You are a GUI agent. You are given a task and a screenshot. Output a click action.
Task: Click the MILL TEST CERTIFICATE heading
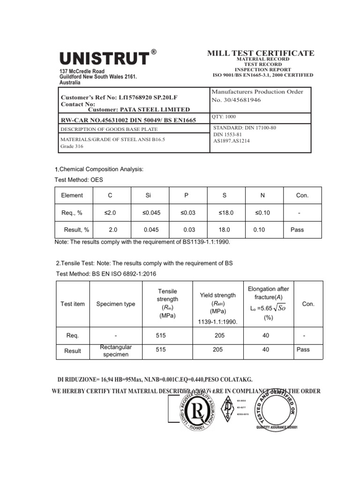(x=261, y=53)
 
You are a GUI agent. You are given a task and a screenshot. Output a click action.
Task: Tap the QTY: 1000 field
(x=225, y=117)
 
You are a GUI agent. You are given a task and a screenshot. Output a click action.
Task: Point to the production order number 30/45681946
(x=237, y=100)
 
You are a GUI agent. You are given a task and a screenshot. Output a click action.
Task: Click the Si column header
(x=149, y=195)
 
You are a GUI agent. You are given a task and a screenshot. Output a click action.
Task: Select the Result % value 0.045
(x=152, y=230)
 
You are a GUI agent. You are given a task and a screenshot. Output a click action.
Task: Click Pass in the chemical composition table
(x=297, y=230)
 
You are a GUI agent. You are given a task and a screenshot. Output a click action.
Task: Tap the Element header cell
(x=72, y=195)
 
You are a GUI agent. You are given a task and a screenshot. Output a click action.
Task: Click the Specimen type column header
(x=115, y=304)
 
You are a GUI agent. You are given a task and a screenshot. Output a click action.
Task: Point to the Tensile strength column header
(x=167, y=304)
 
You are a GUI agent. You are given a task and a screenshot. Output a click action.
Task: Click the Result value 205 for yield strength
(x=217, y=349)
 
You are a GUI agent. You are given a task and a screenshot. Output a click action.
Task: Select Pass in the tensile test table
(x=303, y=349)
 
